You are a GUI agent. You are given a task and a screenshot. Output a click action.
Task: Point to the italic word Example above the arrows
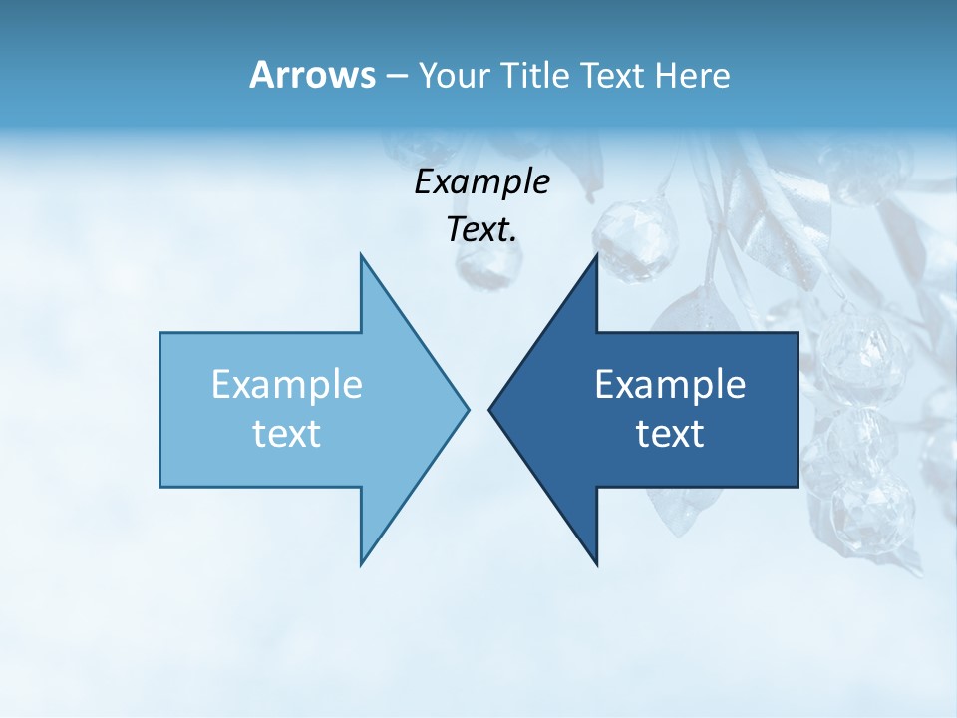pos(481,182)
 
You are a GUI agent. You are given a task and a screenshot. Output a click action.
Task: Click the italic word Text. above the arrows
pos(481,230)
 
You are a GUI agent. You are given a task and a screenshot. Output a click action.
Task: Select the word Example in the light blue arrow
pos(287,384)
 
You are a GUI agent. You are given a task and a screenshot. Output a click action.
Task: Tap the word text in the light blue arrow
pos(287,433)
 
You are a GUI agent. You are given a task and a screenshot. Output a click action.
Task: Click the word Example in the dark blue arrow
pos(670,384)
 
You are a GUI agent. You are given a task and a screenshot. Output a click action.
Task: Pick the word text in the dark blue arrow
pos(670,433)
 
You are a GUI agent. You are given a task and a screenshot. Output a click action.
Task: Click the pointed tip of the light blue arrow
pos(468,409)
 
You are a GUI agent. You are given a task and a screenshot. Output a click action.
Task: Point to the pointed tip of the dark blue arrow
pos(489,409)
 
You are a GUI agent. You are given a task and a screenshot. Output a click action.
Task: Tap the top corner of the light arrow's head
pos(362,255)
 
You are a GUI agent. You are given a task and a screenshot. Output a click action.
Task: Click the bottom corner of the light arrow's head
pos(362,564)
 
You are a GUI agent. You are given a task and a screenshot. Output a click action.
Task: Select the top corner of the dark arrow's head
pos(596,255)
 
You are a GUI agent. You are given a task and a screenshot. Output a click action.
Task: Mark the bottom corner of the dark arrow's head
pos(596,564)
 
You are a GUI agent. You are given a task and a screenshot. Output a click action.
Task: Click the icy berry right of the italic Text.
pos(635,239)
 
